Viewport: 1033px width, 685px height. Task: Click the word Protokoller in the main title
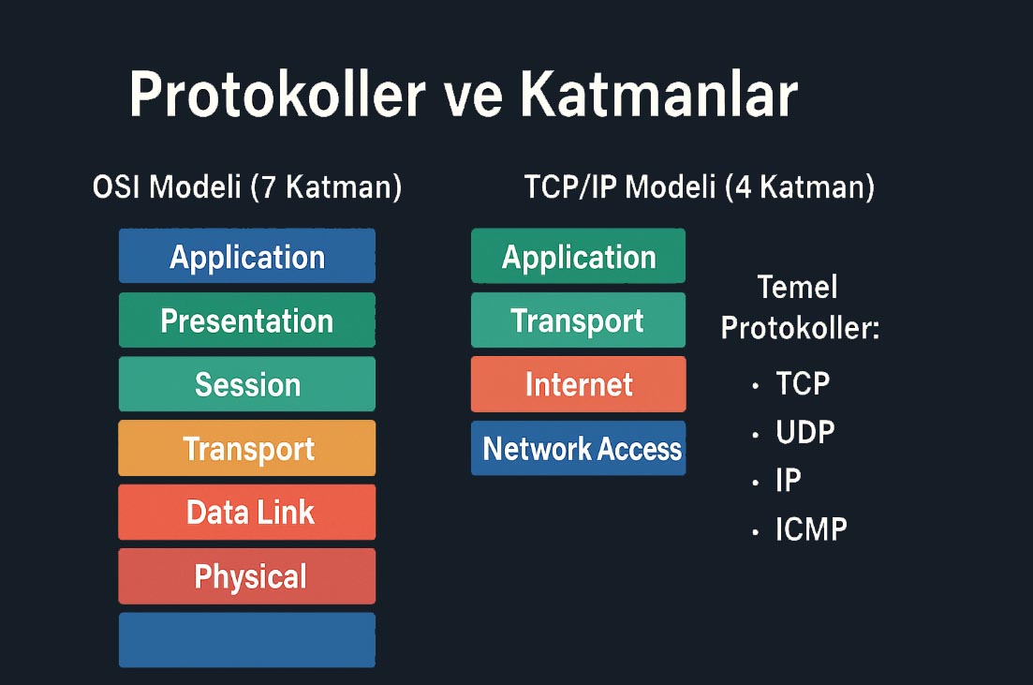point(277,95)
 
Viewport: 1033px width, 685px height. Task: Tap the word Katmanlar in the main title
point(659,95)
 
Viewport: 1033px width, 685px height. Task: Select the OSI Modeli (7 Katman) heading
point(247,187)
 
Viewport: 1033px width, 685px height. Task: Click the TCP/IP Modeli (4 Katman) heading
point(699,187)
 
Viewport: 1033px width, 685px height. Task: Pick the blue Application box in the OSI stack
point(247,256)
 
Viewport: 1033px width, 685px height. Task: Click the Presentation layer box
point(247,320)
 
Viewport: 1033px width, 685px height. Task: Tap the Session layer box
point(247,383)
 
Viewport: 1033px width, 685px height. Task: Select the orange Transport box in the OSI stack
point(247,448)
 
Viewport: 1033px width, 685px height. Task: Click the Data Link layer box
point(247,512)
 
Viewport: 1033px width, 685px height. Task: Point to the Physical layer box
point(247,575)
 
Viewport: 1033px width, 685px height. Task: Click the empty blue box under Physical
point(247,639)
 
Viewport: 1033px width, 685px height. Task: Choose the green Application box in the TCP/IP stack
point(579,256)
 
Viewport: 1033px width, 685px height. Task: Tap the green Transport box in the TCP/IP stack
point(579,320)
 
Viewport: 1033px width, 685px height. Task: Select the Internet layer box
point(579,383)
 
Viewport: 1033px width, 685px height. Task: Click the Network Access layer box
point(579,448)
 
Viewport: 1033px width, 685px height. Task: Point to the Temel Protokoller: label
point(800,308)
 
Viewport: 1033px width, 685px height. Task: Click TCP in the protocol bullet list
point(803,383)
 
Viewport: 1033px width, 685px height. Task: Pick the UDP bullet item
point(805,433)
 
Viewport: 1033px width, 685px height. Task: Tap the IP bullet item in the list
point(789,481)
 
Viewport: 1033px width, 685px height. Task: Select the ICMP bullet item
point(811,529)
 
